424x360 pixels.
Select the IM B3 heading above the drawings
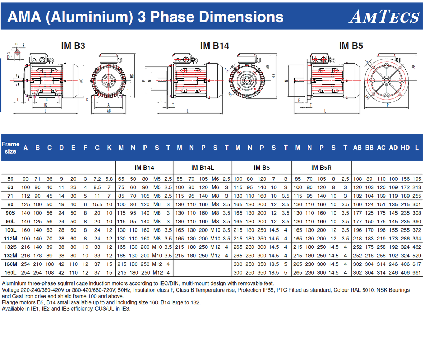73,46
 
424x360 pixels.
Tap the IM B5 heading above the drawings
351,46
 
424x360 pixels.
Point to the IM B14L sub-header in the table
202,168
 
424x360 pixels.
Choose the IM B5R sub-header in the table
321,168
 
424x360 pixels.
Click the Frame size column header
10,148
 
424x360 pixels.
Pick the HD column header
405,148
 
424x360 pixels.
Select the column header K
109,148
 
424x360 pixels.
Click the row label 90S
10,213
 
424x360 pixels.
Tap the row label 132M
10,256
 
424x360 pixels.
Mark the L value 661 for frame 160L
417,272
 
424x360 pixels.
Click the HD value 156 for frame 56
405,179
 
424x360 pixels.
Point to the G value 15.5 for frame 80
97,204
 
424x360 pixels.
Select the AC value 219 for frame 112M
381,239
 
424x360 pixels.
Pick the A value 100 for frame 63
25,187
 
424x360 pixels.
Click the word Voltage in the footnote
11,290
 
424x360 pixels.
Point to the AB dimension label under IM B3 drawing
108,111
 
